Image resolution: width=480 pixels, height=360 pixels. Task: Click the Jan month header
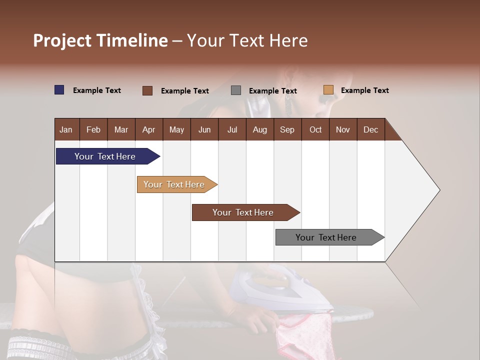point(66,129)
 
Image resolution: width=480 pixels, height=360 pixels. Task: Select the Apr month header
point(148,129)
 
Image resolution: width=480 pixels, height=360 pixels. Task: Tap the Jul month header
point(232,129)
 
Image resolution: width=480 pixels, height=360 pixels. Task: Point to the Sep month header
point(287,129)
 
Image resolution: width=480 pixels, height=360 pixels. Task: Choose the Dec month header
point(370,129)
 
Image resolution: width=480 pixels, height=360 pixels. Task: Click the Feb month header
point(93,129)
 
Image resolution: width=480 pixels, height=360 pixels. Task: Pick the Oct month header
point(315,129)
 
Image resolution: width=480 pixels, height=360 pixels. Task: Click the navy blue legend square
point(59,90)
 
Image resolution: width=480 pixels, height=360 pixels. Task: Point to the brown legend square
point(147,90)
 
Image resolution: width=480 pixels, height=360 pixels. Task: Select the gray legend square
point(236,90)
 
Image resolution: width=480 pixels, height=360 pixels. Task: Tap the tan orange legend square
point(328,90)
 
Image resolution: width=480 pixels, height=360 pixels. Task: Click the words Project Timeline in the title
point(100,40)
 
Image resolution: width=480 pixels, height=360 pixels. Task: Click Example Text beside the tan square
point(364,90)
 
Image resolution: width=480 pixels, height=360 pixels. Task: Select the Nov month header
point(343,129)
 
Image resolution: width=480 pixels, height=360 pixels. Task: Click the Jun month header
point(204,129)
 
